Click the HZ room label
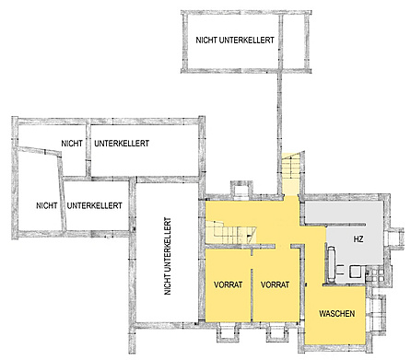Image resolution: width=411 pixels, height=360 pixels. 358,238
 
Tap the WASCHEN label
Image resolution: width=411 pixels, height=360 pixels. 336,314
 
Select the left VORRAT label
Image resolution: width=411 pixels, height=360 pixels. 229,285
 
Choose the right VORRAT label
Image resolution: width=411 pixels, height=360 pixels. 275,285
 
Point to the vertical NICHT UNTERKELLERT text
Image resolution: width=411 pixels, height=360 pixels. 168,256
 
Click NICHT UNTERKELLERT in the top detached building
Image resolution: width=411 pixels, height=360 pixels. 235,41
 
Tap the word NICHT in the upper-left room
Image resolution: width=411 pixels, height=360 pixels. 72,144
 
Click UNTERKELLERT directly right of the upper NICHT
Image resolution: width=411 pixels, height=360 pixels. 122,144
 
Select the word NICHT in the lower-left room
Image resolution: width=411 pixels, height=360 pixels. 47,205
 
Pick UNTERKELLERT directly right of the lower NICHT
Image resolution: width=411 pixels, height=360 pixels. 95,205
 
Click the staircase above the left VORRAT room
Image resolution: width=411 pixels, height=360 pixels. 231,232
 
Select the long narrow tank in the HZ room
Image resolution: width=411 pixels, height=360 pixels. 333,264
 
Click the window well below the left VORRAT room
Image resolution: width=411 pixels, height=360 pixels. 229,332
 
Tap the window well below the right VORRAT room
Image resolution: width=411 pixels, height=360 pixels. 277,332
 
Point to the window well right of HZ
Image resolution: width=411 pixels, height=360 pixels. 397,238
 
